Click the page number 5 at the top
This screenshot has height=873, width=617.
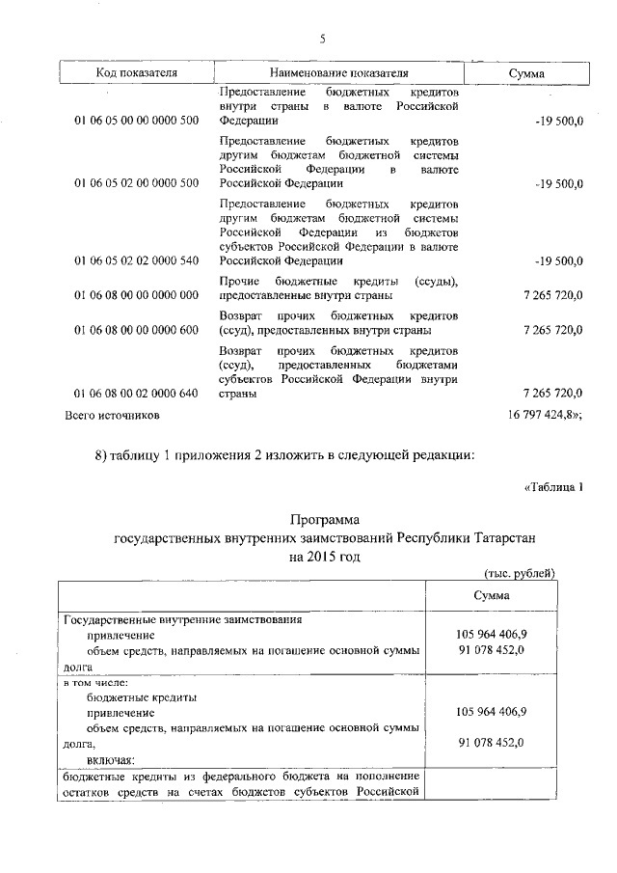(323, 39)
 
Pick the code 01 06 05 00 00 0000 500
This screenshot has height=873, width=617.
(136, 122)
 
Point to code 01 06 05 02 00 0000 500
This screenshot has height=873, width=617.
(136, 183)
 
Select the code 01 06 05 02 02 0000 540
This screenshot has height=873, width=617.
(136, 260)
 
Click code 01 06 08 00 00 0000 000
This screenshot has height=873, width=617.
(136, 294)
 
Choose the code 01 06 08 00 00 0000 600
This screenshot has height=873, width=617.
(136, 330)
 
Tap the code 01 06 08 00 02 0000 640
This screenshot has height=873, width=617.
(136, 394)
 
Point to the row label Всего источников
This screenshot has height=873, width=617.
(112, 416)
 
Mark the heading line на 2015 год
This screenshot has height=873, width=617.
(323, 557)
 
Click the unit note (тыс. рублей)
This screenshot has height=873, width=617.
(520, 573)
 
